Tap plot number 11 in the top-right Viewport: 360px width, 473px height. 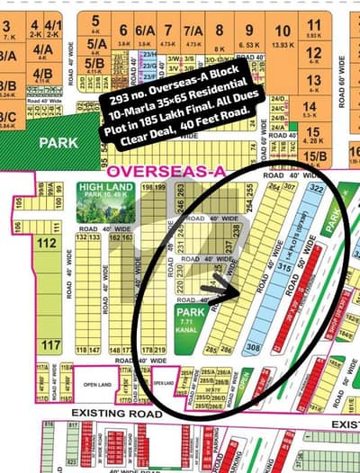tap(313, 26)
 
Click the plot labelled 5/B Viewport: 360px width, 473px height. tap(94, 64)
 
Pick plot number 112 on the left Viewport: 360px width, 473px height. tap(47, 243)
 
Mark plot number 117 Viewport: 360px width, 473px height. tap(50, 345)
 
